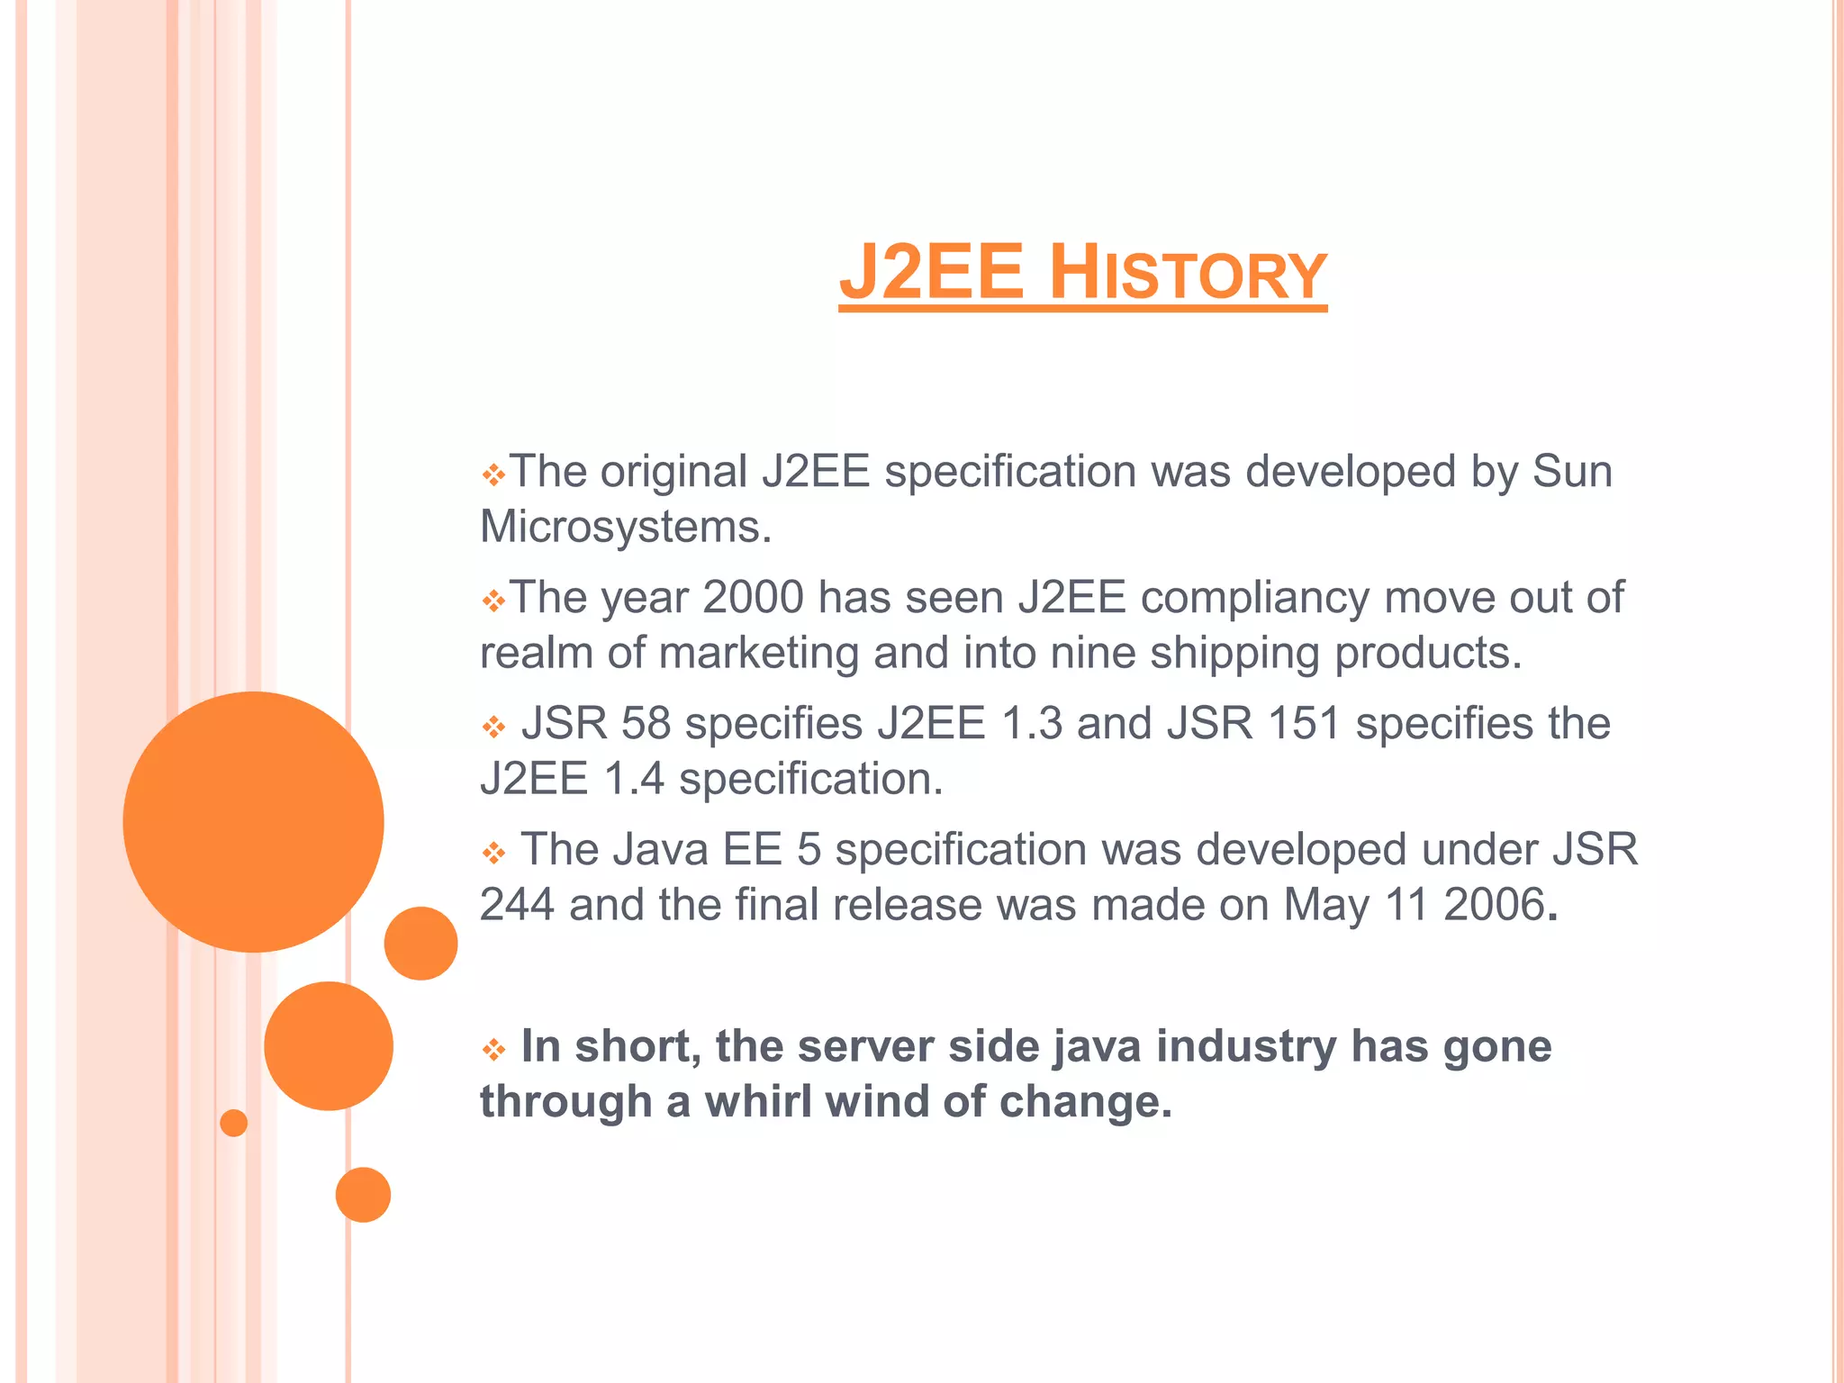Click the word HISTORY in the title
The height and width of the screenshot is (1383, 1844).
pyautogui.click(x=1188, y=273)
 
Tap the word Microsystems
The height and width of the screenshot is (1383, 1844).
pyautogui.click(x=625, y=527)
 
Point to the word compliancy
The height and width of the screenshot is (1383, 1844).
pyautogui.click(x=1254, y=598)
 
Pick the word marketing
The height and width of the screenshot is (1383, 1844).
pyautogui.click(x=759, y=653)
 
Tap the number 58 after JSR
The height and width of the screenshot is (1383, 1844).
pyautogui.click(x=646, y=724)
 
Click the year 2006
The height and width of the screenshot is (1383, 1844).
pyautogui.click(x=1494, y=905)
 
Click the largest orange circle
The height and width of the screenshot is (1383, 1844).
pyautogui.click(x=254, y=821)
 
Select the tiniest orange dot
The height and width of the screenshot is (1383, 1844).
pyautogui.click(x=233, y=1123)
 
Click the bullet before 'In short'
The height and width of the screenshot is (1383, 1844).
pyautogui.click(x=493, y=1049)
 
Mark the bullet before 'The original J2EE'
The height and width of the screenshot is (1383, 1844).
pyautogui.click(x=493, y=475)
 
